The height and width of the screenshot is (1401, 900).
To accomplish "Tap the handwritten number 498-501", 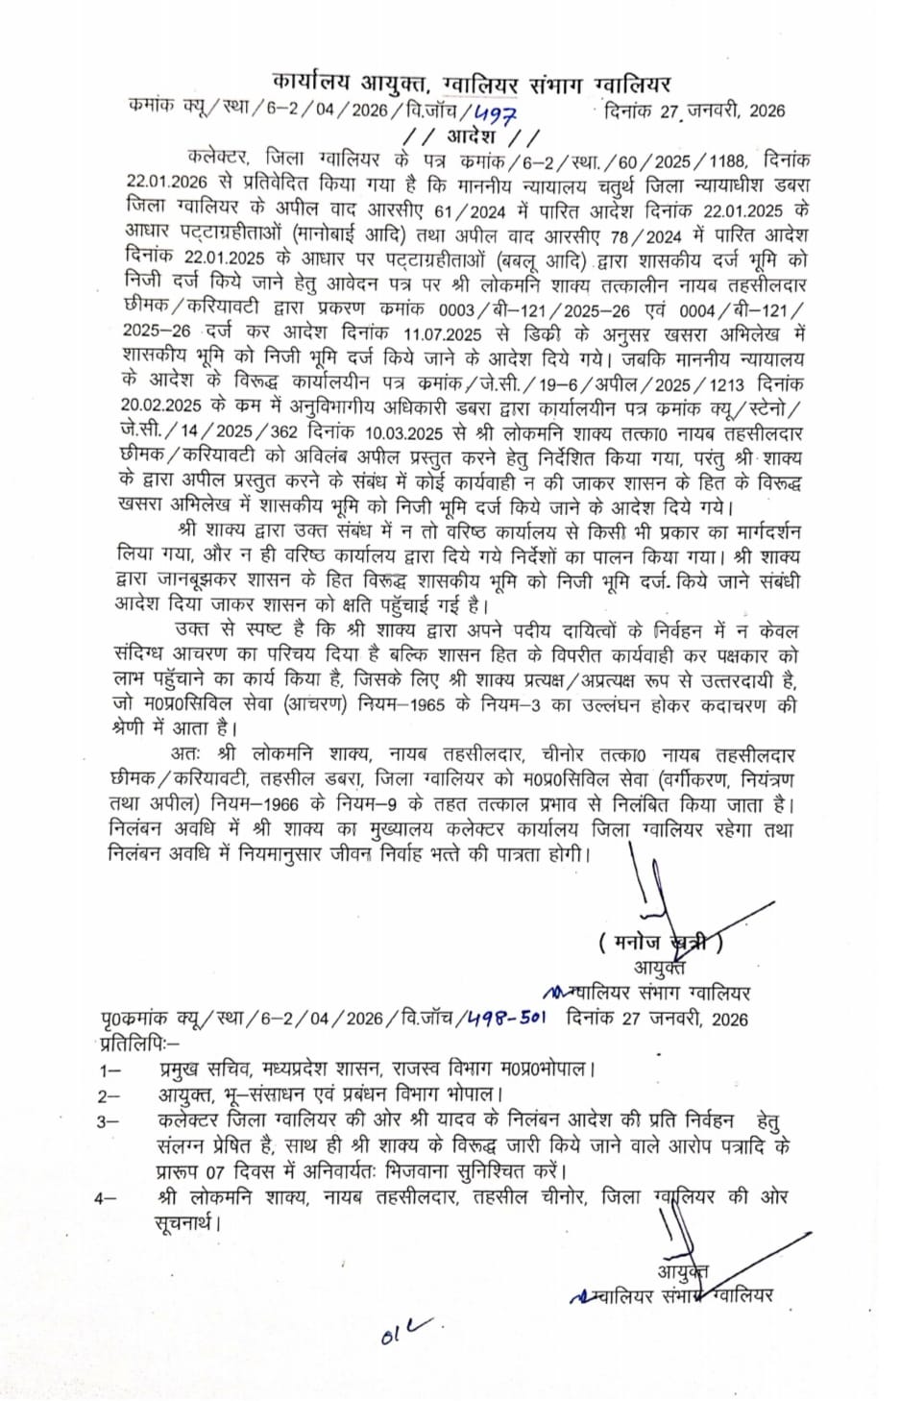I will [507, 1019].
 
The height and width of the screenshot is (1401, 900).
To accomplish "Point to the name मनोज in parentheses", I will [638, 942].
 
